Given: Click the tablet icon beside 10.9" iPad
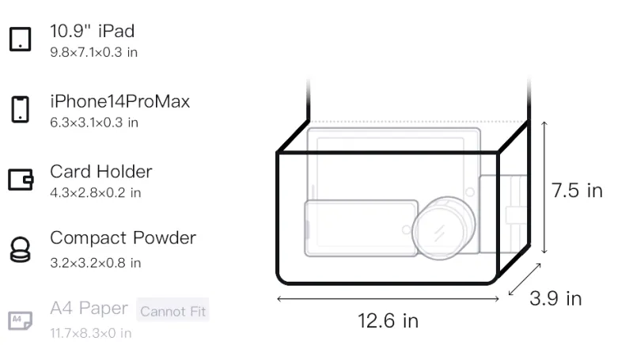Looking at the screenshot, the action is point(21,39).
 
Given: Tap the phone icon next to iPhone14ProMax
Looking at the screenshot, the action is point(21,109).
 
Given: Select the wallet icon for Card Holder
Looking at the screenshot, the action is point(21,179).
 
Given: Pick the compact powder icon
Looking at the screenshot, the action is point(21,250).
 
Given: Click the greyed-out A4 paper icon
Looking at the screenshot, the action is point(21,321).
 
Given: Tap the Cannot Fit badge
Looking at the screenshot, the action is point(172,311).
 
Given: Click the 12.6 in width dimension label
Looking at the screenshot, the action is point(388,321).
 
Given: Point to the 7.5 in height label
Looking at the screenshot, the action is point(577,191).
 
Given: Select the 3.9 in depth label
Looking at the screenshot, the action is point(555,298).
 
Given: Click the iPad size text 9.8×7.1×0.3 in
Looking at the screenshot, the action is point(93,52).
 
